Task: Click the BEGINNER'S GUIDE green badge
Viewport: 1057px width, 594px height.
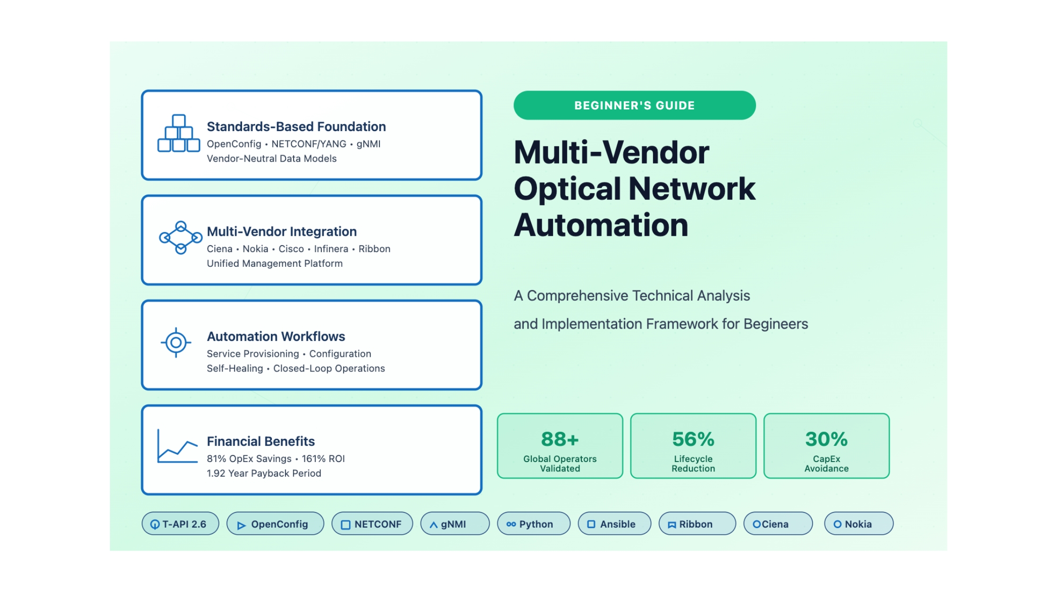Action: (634, 105)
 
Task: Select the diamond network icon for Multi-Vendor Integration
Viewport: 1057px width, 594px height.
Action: (180, 238)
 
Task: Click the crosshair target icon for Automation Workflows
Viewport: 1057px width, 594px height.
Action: (176, 343)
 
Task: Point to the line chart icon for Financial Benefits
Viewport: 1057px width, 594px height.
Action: (177, 446)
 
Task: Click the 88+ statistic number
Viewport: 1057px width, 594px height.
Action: (560, 439)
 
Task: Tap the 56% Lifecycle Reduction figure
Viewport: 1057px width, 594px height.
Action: (693, 439)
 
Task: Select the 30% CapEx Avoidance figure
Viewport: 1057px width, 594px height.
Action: (826, 439)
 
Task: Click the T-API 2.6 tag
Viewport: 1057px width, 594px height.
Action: (180, 524)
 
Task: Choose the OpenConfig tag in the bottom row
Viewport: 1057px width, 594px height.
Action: (275, 524)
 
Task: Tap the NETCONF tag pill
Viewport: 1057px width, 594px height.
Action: (372, 524)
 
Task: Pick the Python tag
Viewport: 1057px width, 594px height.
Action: (533, 524)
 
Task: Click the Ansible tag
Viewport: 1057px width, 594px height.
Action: (614, 524)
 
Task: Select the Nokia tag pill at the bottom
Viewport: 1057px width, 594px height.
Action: (858, 524)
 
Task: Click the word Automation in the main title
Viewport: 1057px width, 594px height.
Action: (601, 225)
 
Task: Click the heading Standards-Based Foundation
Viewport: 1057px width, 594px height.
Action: (296, 126)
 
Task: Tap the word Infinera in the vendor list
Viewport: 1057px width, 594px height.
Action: (331, 249)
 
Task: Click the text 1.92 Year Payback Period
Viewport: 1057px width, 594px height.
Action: (264, 473)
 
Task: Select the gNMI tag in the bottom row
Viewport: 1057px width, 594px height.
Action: (454, 524)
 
